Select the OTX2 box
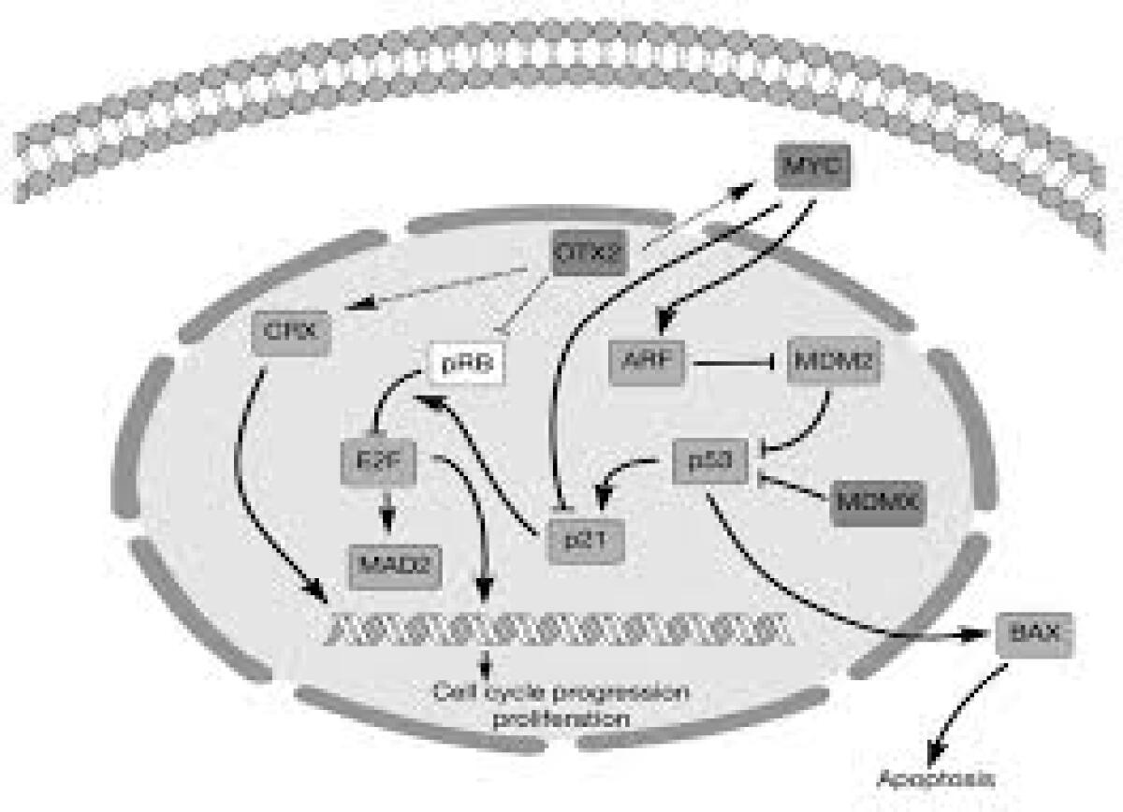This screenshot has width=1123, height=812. pos(588,251)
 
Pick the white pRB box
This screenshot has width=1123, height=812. pos(466,364)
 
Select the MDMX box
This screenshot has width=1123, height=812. pos(876,502)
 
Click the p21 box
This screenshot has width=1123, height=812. pos(585,540)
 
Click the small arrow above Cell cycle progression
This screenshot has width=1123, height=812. pos(485,664)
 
